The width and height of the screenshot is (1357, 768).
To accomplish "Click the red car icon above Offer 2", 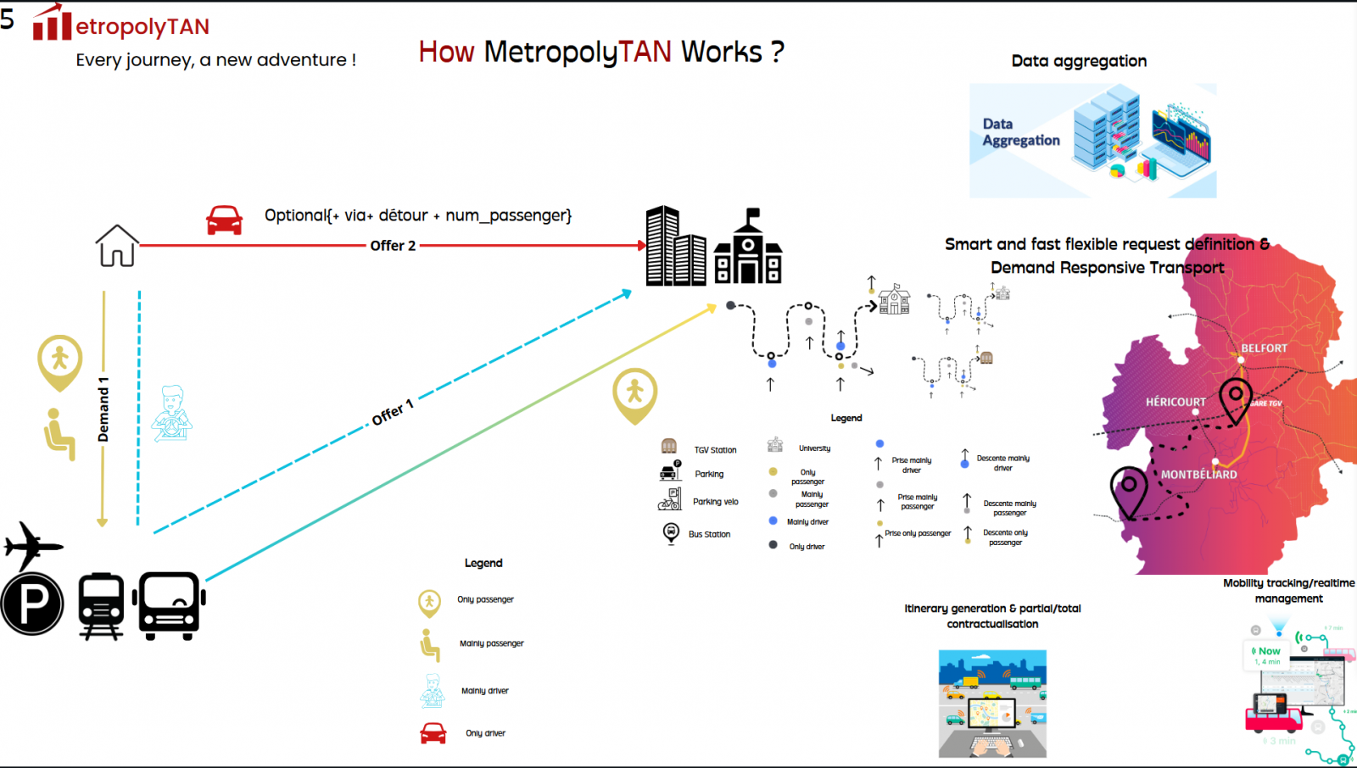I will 225,220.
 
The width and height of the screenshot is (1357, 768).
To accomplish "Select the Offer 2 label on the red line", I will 393,246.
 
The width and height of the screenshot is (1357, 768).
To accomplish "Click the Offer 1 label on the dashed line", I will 393,412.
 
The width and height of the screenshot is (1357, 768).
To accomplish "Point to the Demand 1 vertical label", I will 103,409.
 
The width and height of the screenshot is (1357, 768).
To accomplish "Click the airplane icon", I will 31,545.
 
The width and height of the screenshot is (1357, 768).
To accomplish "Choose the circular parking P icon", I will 32,604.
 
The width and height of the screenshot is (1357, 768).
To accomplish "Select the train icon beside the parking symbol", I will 101,605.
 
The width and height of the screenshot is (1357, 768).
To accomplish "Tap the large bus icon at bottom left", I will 170,605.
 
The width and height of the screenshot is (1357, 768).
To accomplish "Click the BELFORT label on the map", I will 1264,348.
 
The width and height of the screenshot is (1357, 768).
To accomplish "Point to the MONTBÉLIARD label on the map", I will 1198,475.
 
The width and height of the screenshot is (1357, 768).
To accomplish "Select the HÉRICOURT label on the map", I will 1176,402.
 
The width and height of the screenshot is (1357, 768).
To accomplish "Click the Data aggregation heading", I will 1079,61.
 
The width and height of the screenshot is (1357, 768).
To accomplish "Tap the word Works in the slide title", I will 722,53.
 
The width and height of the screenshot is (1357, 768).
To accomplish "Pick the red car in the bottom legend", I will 433,732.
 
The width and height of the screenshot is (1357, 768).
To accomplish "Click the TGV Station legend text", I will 715,450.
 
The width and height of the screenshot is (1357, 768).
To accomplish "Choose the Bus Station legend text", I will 709,534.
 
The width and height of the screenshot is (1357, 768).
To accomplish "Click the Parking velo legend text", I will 715,502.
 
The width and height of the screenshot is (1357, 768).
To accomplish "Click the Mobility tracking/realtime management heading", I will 1288,591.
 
